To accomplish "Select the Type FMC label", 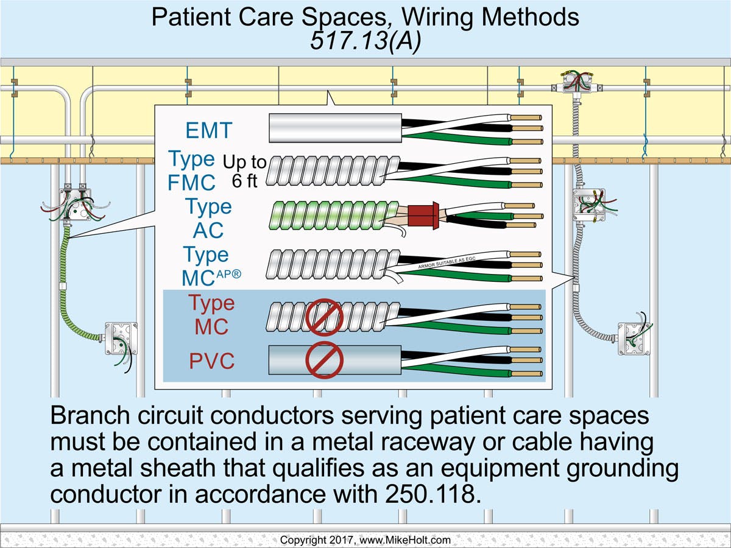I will coord(192,170).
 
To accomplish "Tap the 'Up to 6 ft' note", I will coord(245,171).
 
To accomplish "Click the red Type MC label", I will coord(211,315).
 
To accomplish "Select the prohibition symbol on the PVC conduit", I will coord(325,360).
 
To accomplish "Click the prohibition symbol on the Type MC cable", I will coord(325,317).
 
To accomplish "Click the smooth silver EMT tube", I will coord(335,128).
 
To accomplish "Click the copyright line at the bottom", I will coord(365,540).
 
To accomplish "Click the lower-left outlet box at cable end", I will coord(121,339).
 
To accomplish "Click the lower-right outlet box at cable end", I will coord(634,338).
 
